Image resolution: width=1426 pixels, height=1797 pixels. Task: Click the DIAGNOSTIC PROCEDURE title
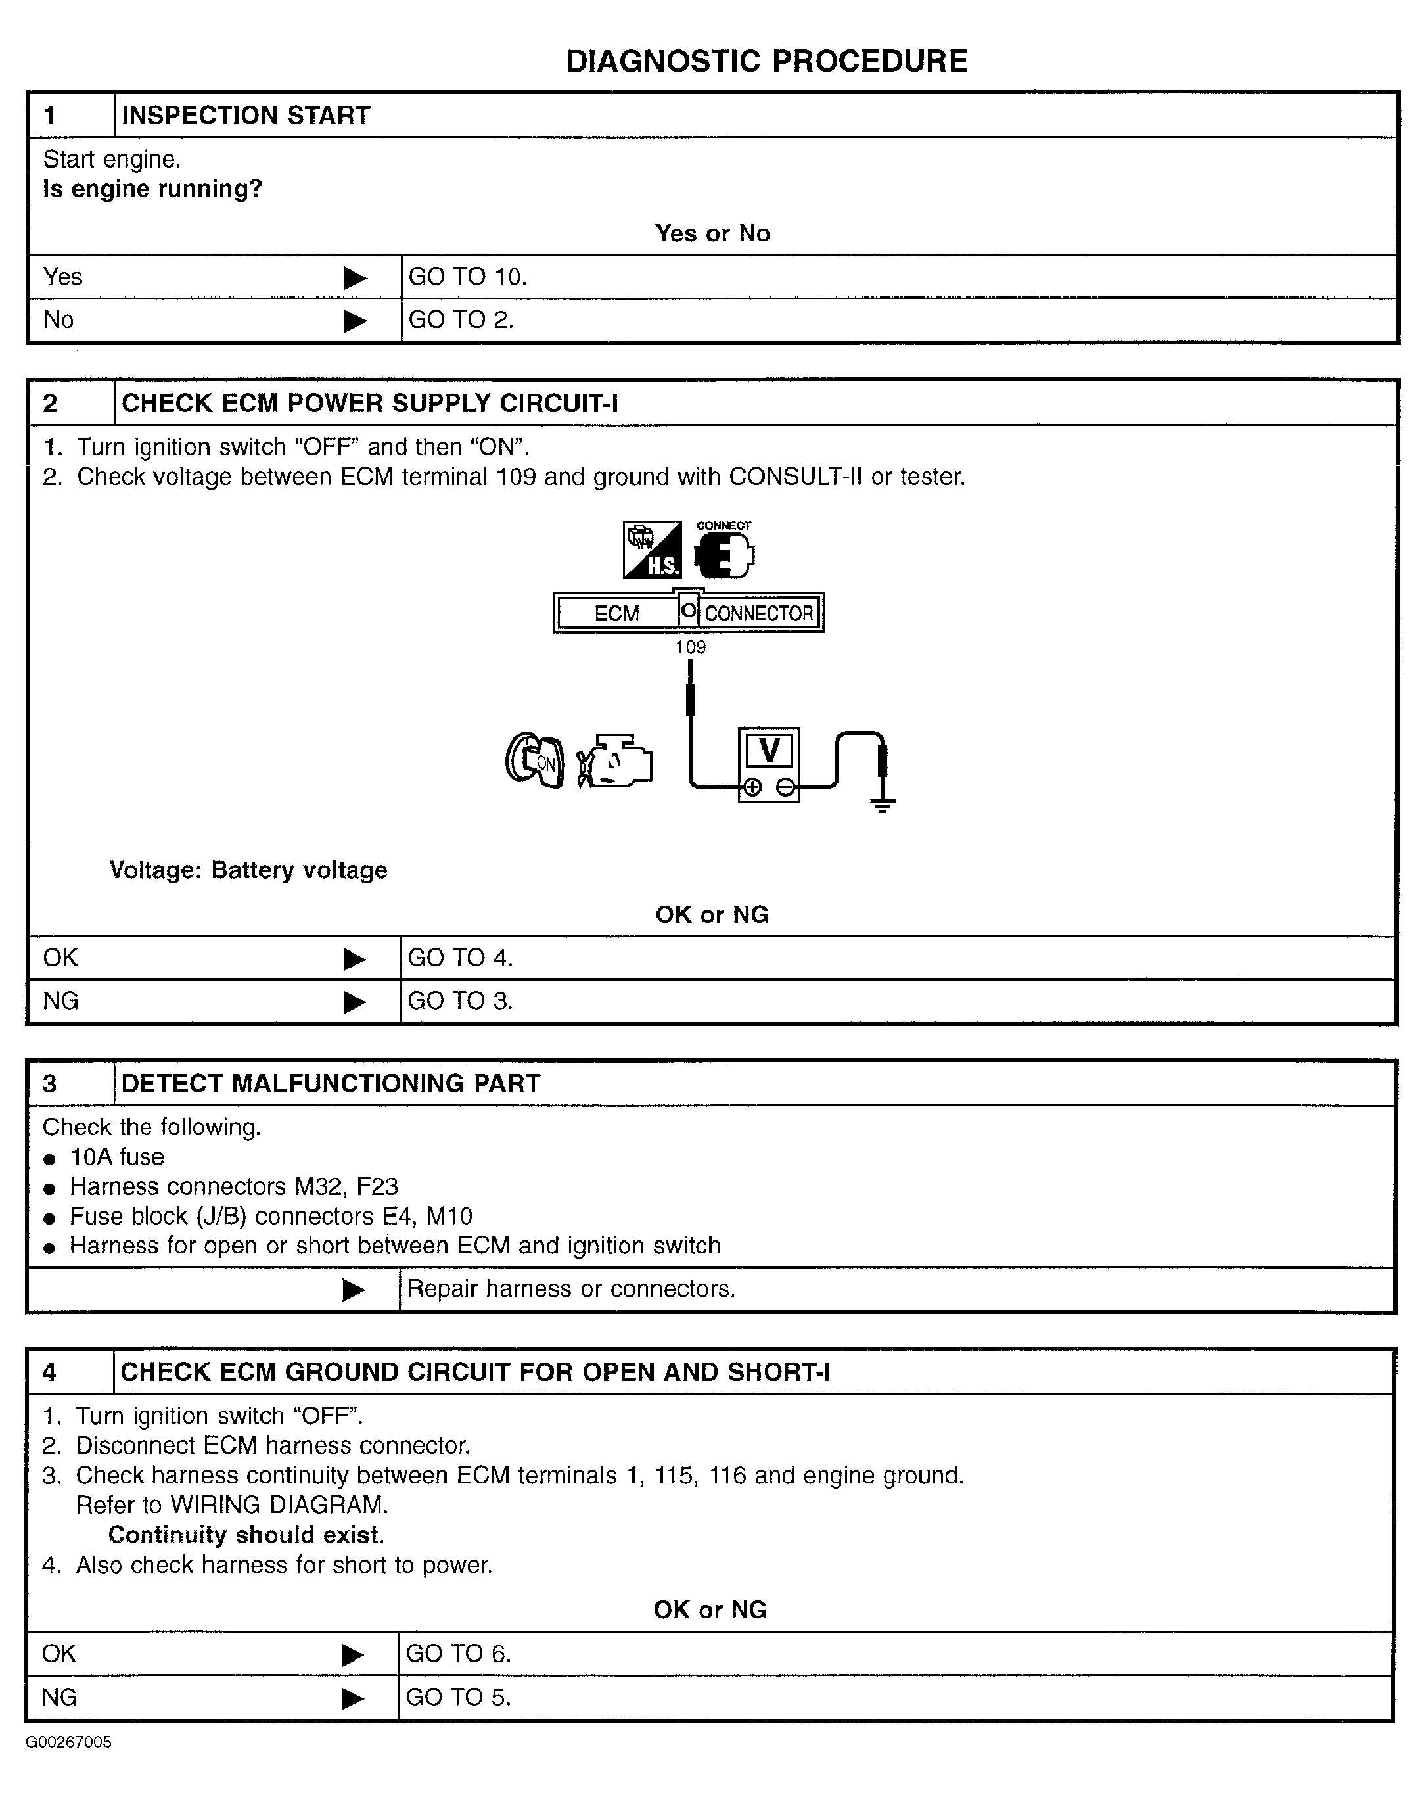pyautogui.click(x=766, y=62)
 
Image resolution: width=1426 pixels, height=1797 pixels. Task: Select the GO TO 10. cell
pyautogui.click(x=467, y=277)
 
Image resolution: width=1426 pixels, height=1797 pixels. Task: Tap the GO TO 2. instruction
pyautogui.click(x=461, y=320)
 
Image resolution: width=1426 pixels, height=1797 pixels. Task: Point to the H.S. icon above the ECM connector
pyautogui.click(x=652, y=550)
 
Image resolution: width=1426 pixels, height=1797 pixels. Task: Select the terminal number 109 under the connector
pyautogui.click(x=690, y=647)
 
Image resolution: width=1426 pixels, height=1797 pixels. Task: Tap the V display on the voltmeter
pyautogui.click(x=768, y=749)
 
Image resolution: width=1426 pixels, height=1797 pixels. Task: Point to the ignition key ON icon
pyautogui.click(x=535, y=760)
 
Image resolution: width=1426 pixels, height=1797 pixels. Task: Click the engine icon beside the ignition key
pyautogui.click(x=615, y=760)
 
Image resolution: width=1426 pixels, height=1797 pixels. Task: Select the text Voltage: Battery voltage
pyautogui.click(x=248, y=870)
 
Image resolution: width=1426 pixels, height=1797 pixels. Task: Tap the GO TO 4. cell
pyautogui.click(x=460, y=958)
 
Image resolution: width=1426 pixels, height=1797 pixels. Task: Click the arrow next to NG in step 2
pyautogui.click(x=354, y=1002)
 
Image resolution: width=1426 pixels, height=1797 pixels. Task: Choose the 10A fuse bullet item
pyautogui.click(x=117, y=1157)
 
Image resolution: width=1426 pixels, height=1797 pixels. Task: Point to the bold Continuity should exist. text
pyautogui.click(x=246, y=1535)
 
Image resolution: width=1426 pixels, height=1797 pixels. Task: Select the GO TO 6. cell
pyautogui.click(x=459, y=1654)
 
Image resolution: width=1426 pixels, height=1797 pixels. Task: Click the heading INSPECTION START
pyautogui.click(x=246, y=115)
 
